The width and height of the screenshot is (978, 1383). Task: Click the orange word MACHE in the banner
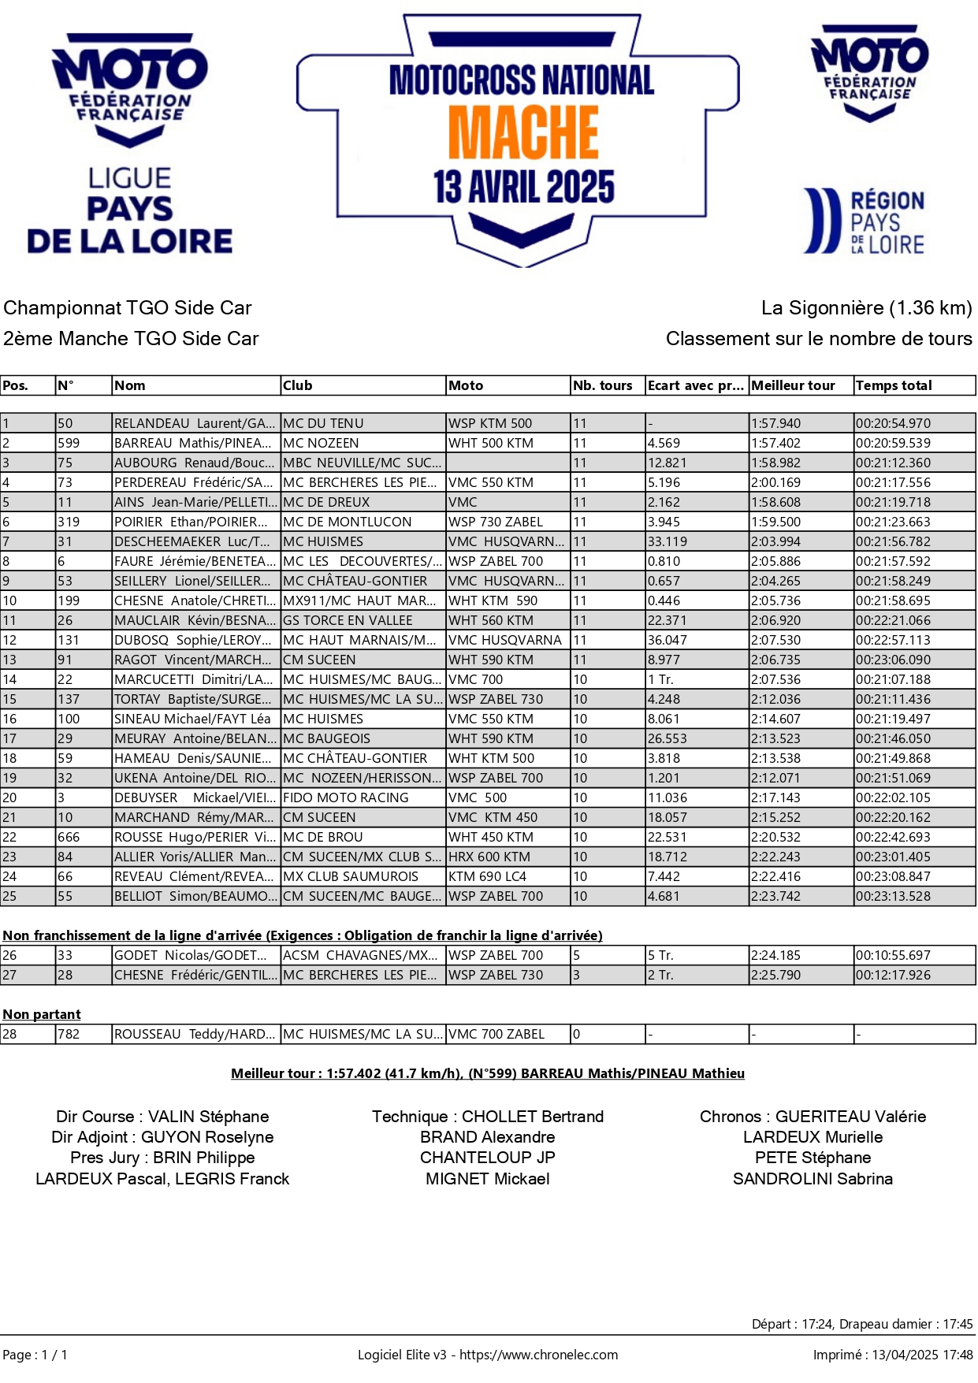[523, 132]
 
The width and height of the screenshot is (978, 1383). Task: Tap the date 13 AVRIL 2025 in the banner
[523, 187]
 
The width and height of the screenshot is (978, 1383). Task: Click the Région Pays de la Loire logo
[865, 221]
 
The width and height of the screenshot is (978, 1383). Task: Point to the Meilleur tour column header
[793, 385]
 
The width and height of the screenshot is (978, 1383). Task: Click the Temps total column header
[894, 385]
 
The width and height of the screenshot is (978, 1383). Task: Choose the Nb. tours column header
[603, 385]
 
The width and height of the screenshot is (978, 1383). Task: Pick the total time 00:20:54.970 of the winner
[893, 423]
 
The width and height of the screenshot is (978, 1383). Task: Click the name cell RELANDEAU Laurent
[195, 423]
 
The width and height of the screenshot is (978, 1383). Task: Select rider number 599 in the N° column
[69, 443]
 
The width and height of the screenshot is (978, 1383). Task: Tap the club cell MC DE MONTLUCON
[347, 522]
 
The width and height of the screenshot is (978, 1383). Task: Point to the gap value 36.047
[667, 640]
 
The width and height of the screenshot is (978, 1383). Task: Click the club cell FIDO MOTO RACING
[345, 797]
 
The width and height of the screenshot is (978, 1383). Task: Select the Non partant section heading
[42, 1014]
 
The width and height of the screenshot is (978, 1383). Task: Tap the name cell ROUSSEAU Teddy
[195, 1034]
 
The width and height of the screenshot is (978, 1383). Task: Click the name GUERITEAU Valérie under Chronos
[850, 1117]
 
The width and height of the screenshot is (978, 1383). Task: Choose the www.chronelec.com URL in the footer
[538, 1355]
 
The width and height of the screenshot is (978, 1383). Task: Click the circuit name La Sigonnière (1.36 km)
[866, 308]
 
